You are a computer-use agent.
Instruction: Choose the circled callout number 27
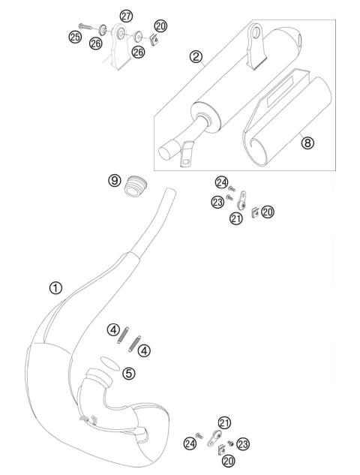pyautogui.click(x=126, y=16)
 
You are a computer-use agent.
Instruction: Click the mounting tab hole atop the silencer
pyautogui.click(x=256, y=32)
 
